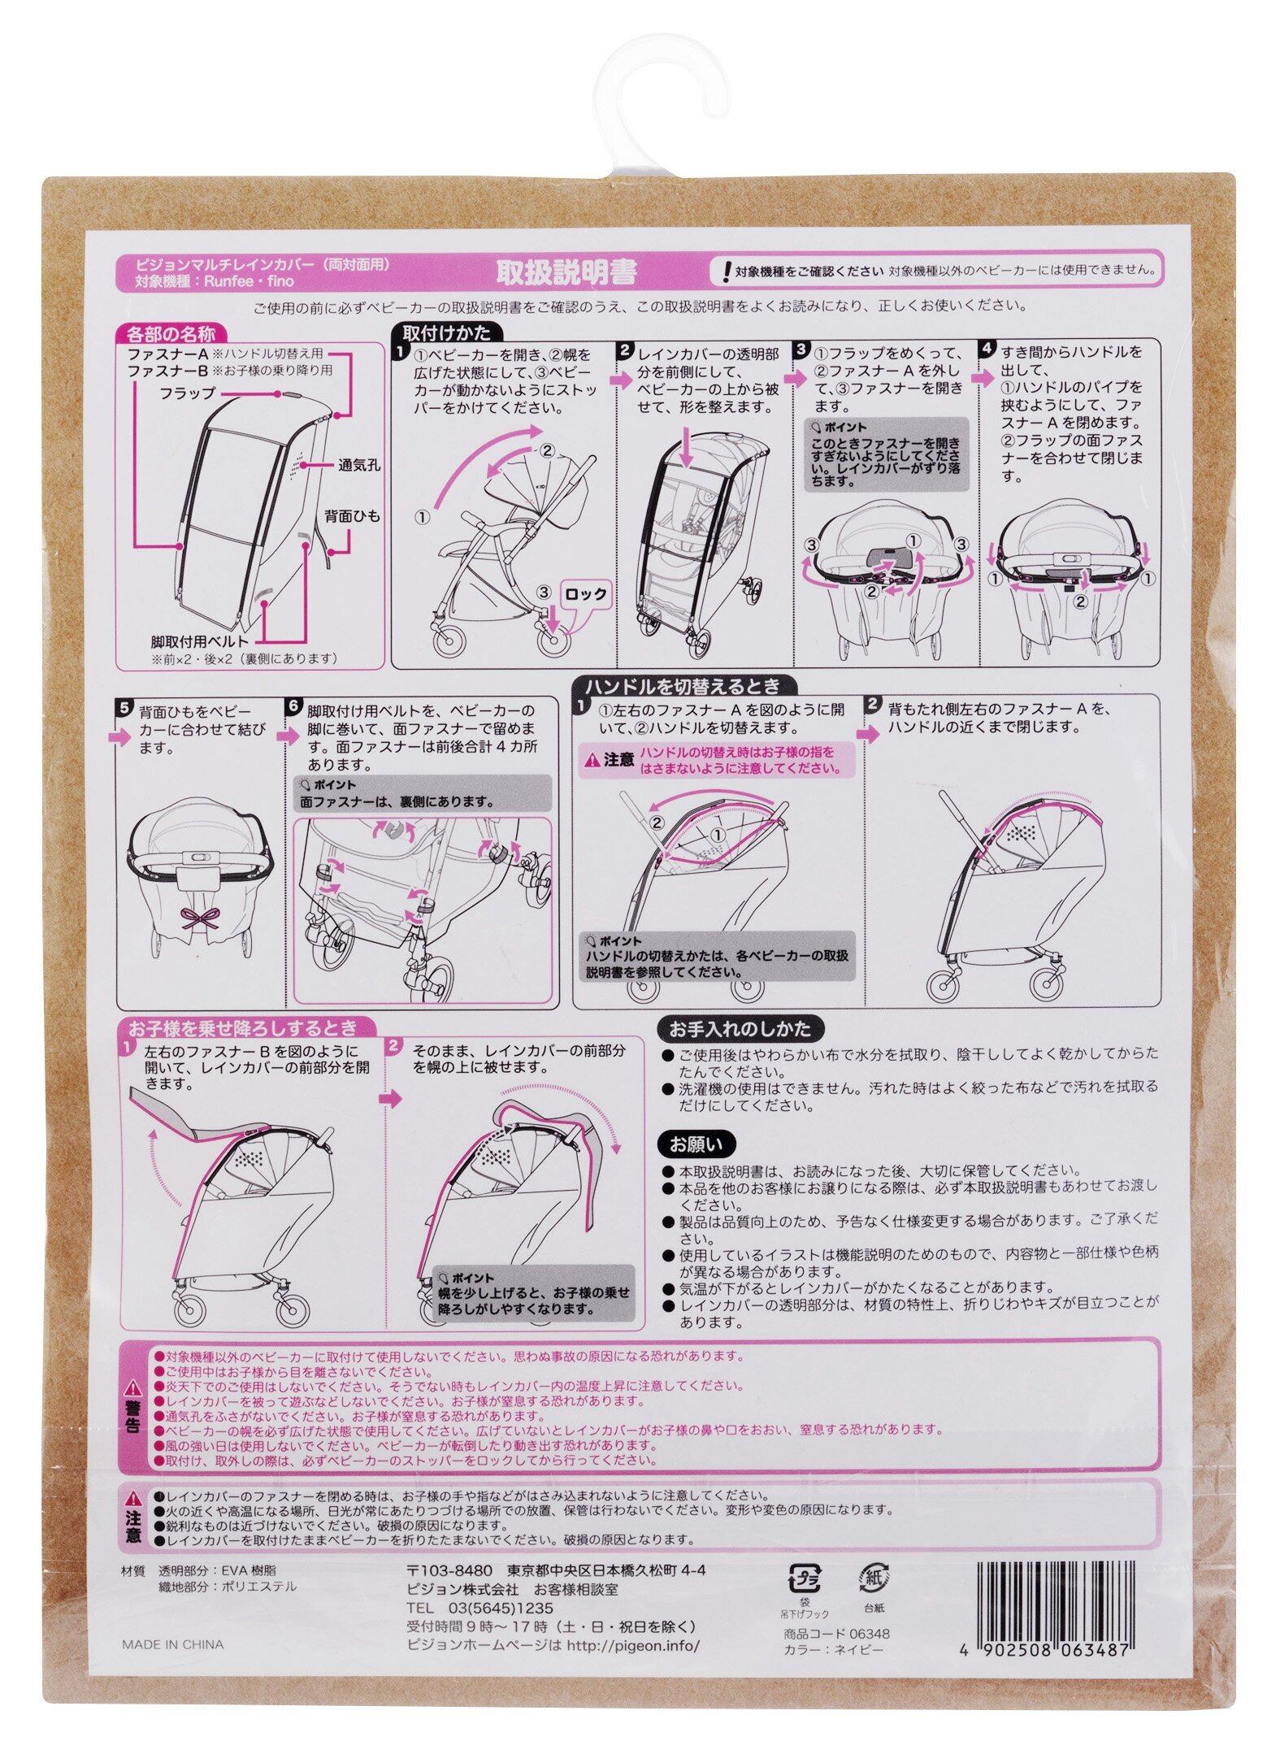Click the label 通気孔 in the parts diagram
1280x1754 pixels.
pos(359,466)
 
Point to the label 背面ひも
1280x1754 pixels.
pos(354,516)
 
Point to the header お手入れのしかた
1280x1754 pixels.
pos(739,1029)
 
